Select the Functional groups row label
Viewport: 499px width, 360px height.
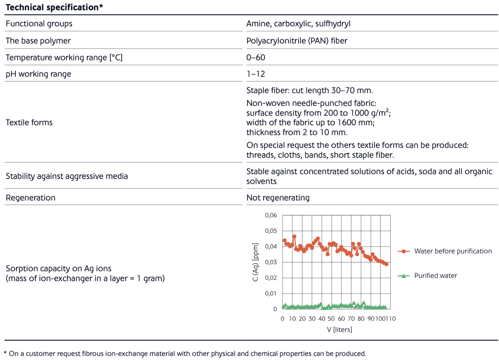pos(39,24)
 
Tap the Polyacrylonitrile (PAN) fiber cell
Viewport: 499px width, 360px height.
pos(297,41)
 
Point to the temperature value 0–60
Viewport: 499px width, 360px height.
pos(256,58)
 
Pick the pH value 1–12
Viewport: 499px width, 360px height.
pos(256,74)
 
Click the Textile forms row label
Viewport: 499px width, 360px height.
pos(29,122)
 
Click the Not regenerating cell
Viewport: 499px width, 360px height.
pos(278,198)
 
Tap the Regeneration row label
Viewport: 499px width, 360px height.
pos(31,198)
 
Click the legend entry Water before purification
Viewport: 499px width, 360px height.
pos(445,251)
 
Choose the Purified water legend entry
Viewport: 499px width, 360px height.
pos(427,276)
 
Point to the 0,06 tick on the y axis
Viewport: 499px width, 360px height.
pos(271,215)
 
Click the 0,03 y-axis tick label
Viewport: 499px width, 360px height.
pos(271,262)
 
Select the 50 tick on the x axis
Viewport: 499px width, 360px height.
pos(331,319)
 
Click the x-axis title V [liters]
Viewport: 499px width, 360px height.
pos(340,330)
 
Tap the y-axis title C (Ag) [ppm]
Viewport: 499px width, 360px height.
pos(256,262)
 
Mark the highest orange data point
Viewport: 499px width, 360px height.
pos(294,237)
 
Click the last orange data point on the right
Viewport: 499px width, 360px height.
pos(387,264)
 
